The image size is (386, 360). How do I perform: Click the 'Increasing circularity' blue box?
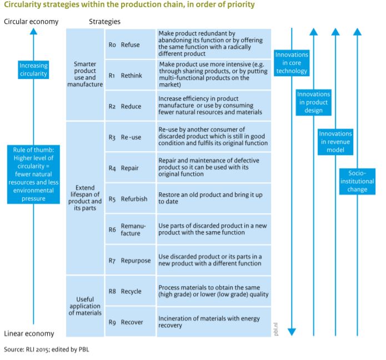(x=33, y=71)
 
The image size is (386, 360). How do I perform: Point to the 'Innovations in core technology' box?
(x=291, y=63)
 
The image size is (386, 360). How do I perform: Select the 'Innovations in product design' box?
(x=313, y=102)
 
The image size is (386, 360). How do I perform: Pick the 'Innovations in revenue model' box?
(x=335, y=142)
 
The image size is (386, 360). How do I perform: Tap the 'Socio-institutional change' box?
(x=357, y=181)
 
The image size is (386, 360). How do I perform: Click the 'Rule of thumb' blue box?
(x=33, y=173)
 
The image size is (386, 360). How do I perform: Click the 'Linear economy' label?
(x=29, y=334)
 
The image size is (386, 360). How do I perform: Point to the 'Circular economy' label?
(x=31, y=22)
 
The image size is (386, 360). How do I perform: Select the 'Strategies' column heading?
(x=104, y=22)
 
